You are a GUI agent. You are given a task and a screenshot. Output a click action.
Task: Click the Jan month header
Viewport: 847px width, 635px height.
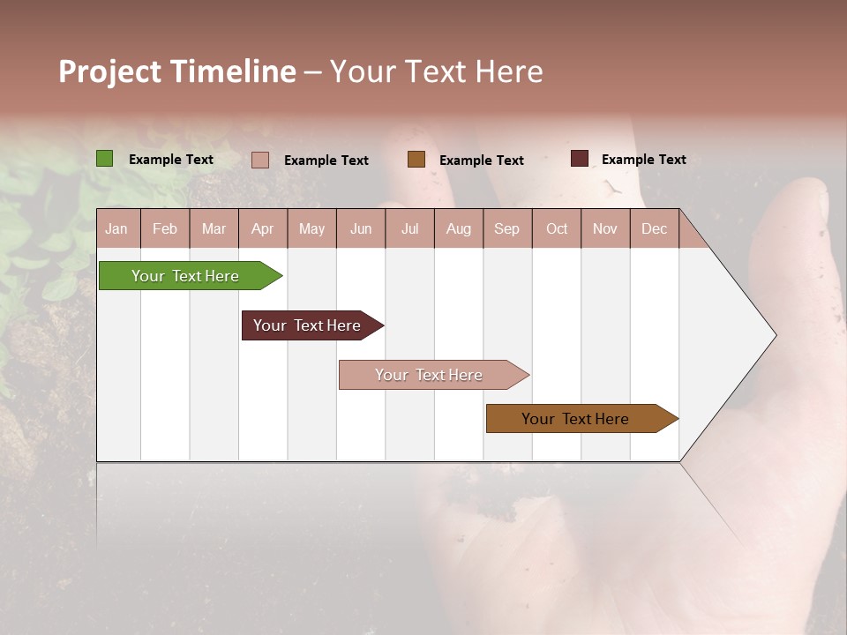[116, 228]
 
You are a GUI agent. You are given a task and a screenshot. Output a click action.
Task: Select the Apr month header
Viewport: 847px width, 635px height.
[263, 228]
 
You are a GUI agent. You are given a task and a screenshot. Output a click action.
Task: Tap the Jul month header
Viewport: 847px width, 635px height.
[409, 228]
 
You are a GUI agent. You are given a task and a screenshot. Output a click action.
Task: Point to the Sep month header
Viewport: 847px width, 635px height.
[506, 228]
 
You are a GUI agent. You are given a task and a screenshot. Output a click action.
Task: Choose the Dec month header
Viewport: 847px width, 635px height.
[654, 228]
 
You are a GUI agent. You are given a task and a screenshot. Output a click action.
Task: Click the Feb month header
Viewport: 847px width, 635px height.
[165, 228]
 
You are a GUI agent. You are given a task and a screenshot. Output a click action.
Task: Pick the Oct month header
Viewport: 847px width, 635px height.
[557, 228]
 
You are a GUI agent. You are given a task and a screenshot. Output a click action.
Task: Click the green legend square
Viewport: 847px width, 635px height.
[105, 159]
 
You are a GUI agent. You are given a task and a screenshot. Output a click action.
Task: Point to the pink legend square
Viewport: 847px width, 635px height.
[260, 160]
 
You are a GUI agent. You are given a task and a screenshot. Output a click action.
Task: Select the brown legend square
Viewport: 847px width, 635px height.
[416, 160]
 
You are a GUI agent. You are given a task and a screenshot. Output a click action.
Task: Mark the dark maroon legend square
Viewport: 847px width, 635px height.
[579, 159]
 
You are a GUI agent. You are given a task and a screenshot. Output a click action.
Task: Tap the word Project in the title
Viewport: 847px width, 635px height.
[109, 71]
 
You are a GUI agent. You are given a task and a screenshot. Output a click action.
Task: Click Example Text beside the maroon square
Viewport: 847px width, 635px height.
[643, 160]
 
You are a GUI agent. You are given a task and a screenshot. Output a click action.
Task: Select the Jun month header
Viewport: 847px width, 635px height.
[361, 228]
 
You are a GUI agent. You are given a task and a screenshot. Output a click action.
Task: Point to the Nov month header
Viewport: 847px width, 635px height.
[605, 228]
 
